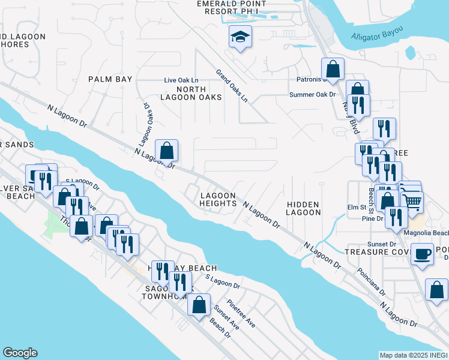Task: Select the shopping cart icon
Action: [x=413, y=202]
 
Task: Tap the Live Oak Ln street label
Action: [x=181, y=80]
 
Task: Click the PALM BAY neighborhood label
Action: [x=110, y=79]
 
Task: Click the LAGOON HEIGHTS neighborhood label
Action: [x=218, y=200]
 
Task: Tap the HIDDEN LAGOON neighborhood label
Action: [x=303, y=208]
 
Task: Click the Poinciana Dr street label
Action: [x=358, y=277]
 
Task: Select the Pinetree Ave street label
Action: [x=241, y=314]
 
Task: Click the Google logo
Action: [x=20, y=353]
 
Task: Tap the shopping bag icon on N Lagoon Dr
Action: [x=167, y=150]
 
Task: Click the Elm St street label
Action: [x=357, y=208]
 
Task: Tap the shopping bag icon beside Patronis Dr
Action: [x=333, y=68]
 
